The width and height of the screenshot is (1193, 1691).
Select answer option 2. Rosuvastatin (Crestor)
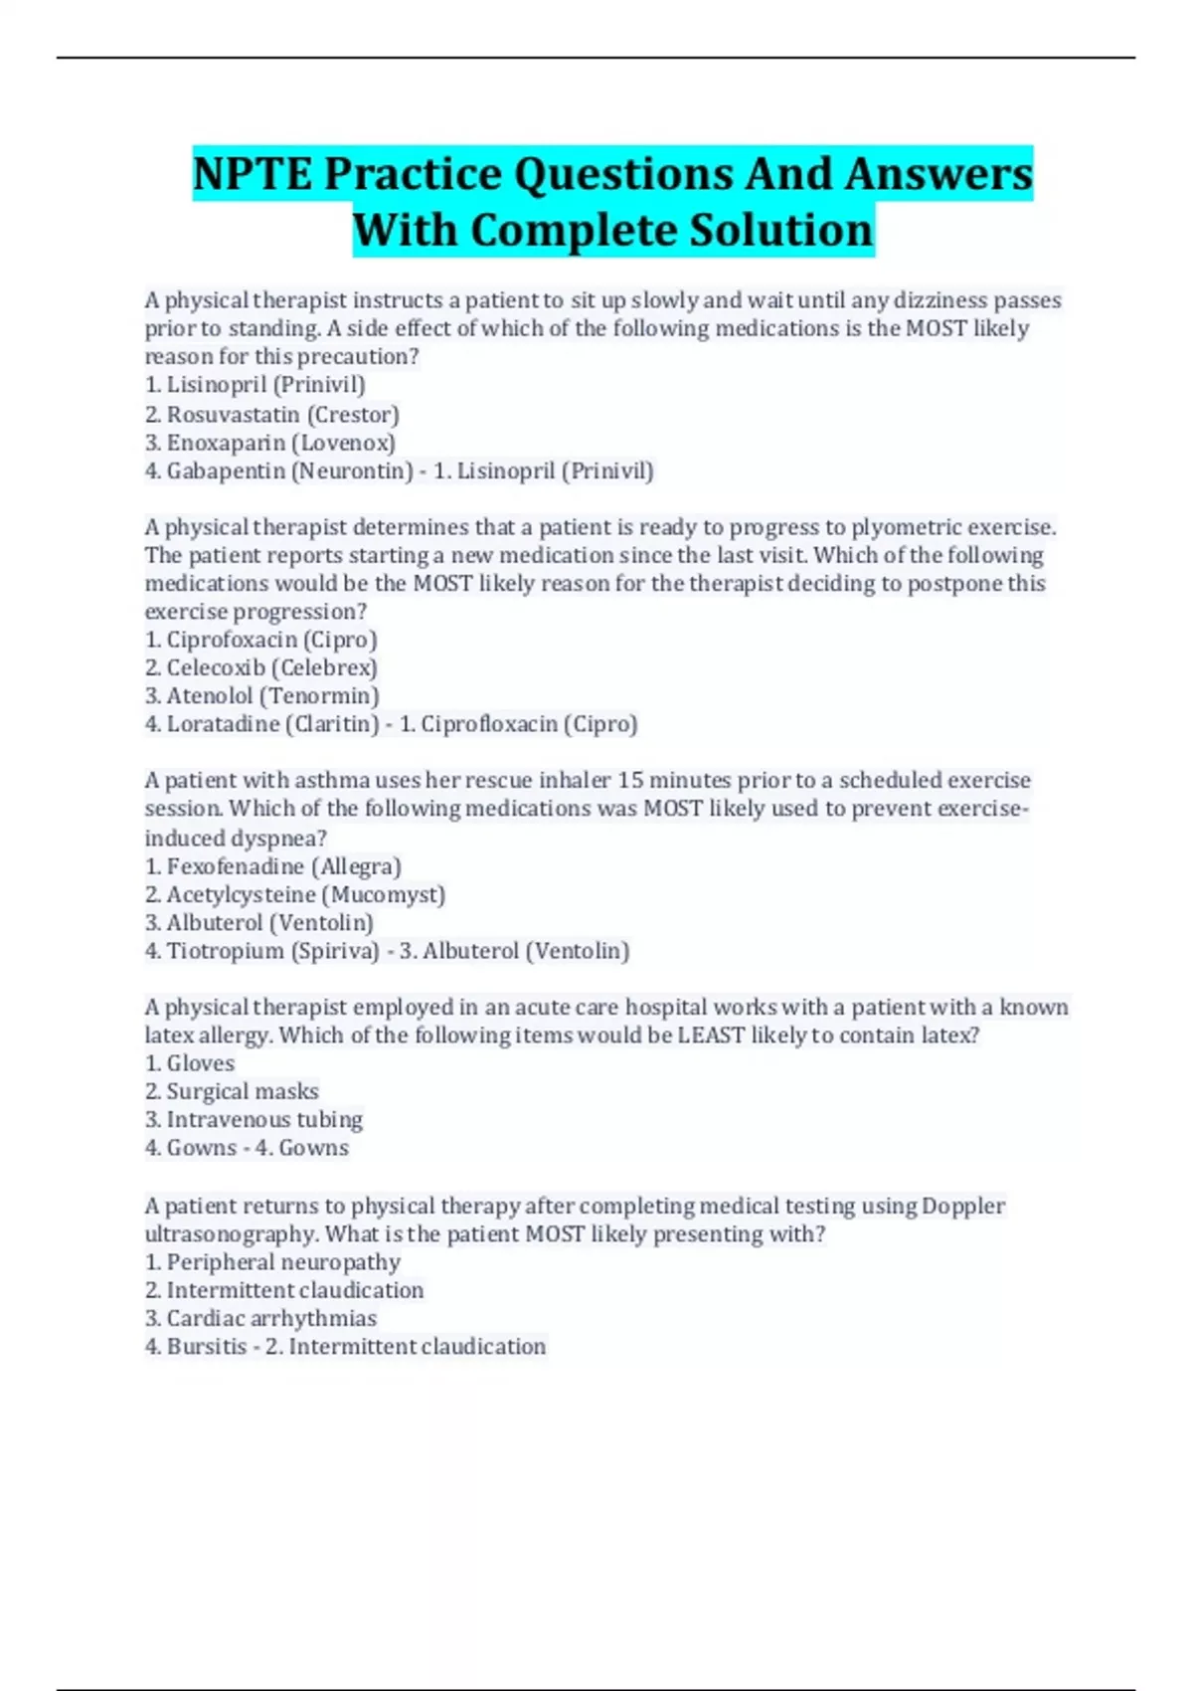click(x=271, y=414)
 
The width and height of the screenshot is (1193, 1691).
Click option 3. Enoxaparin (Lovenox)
click(x=269, y=443)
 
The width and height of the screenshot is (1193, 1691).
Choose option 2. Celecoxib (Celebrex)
click(x=260, y=667)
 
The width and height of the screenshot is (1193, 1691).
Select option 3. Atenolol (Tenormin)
click(x=261, y=696)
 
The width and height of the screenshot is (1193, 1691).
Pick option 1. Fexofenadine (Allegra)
click(x=272, y=866)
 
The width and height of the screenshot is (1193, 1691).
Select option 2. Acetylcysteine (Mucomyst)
click(x=294, y=894)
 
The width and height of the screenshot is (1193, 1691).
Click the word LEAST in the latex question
click(x=711, y=1035)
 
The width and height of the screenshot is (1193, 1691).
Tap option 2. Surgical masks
click(x=232, y=1091)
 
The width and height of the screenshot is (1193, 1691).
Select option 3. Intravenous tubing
click(x=254, y=1120)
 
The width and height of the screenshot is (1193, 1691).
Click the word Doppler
click(x=962, y=1206)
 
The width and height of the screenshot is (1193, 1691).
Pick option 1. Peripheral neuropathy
click(x=272, y=1262)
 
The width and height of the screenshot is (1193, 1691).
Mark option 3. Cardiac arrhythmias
click(x=260, y=1318)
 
